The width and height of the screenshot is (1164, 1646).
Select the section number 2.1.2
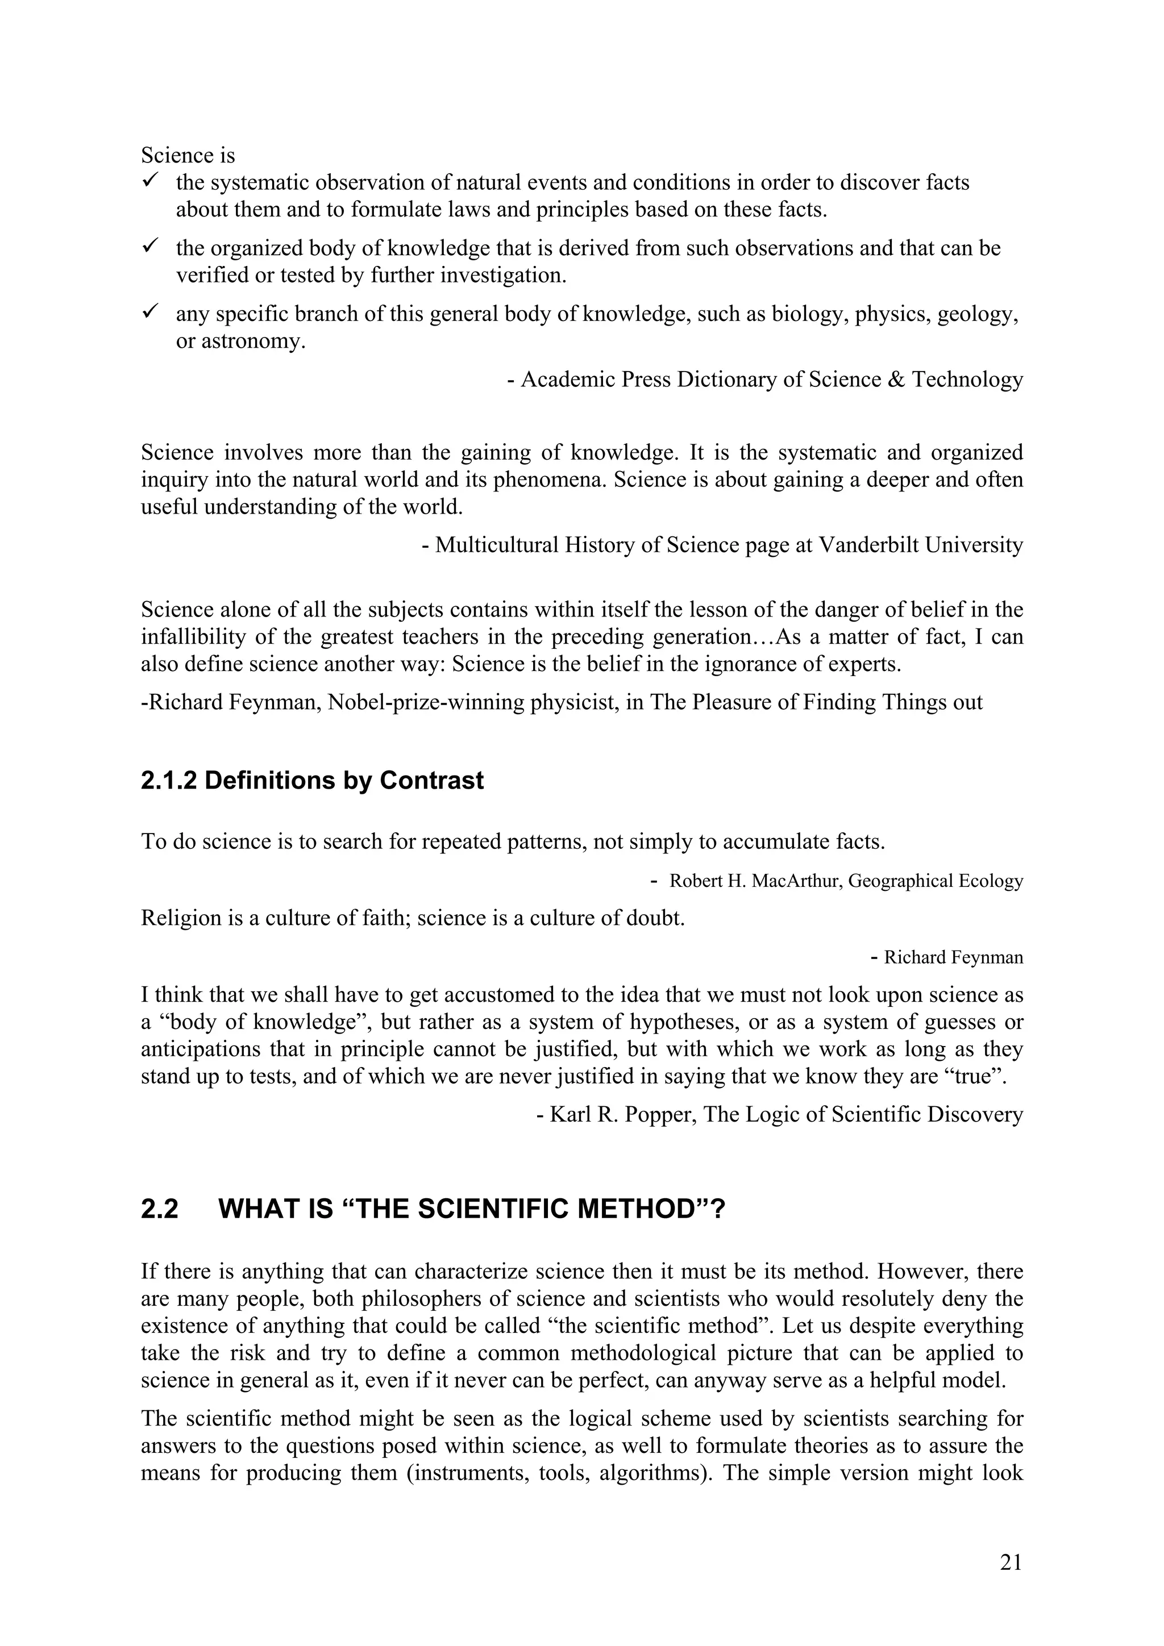click(169, 780)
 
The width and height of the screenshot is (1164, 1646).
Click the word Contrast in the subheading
click(432, 780)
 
